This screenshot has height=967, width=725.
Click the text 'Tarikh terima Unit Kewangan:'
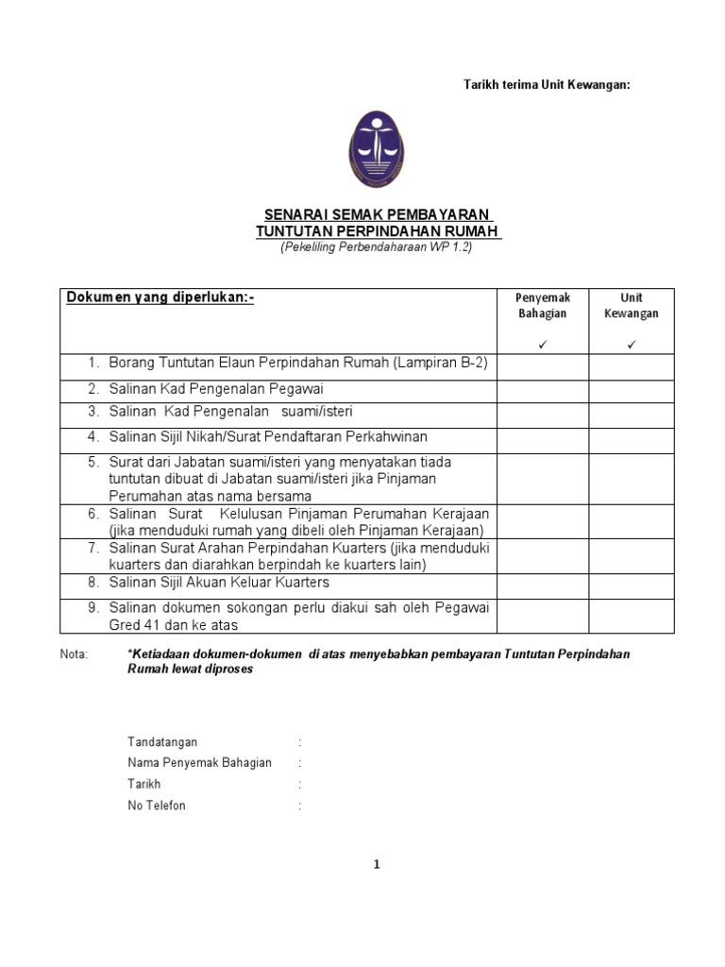click(x=546, y=85)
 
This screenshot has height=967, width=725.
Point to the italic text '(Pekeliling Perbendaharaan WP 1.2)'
click(x=377, y=247)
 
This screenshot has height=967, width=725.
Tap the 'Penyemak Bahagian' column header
click(x=544, y=306)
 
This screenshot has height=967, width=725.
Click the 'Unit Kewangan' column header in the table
click(x=632, y=306)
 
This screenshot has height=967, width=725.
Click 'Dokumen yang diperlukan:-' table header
click(x=160, y=298)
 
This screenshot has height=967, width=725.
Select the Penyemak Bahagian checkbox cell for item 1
click(x=544, y=366)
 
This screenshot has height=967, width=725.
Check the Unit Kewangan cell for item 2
click(x=632, y=389)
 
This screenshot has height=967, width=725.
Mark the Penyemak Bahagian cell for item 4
click(x=544, y=438)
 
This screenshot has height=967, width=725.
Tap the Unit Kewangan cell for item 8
click(x=632, y=583)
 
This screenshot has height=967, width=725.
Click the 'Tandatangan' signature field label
click(x=162, y=742)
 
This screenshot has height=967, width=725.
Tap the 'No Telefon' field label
click(x=157, y=806)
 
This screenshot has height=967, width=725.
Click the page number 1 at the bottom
click(x=376, y=864)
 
